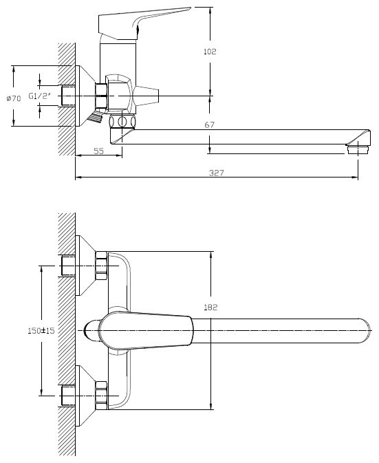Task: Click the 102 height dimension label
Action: (x=210, y=52)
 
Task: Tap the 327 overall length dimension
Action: (x=217, y=173)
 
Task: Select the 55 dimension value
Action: (x=98, y=151)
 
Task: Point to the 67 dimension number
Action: (x=210, y=125)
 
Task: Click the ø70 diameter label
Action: (x=14, y=98)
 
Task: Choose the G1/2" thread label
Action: (x=40, y=96)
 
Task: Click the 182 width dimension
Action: (x=210, y=308)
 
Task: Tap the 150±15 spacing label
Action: (x=41, y=330)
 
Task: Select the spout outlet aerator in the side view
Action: (x=358, y=149)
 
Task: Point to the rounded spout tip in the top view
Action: (x=365, y=331)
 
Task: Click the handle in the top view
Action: (x=146, y=331)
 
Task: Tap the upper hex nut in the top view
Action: (x=102, y=266)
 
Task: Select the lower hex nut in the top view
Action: (x=102, y=396)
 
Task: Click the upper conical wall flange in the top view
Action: (x=85, y=266)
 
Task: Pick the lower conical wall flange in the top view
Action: (x=85, y=396)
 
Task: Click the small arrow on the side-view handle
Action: (x=138, y=30)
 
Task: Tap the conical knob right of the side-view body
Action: (x=146, y=96)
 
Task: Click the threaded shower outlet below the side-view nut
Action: (x=95, y=117)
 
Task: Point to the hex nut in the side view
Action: (x=101, y=96)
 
